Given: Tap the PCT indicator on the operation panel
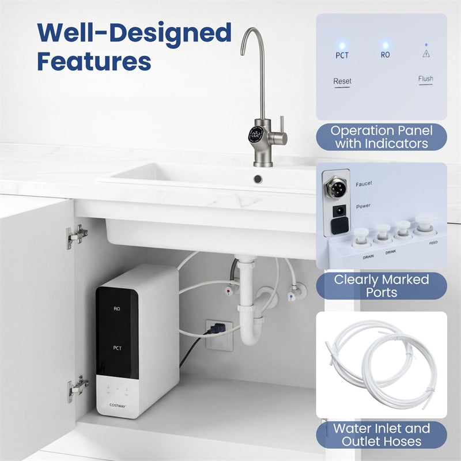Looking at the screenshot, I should pos(342,55).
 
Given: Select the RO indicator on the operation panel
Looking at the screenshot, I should pos(385,55).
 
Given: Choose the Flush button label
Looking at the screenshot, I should pos(426,79).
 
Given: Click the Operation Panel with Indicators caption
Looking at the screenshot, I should pos(381,137).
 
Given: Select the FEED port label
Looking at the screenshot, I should pos(433,243).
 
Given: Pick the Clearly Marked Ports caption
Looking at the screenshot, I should pos(381,286).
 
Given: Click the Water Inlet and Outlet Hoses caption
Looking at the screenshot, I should pos(381,435).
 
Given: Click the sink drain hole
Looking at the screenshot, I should pos(258,179).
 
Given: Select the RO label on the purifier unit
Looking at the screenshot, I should pos(117,309).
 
